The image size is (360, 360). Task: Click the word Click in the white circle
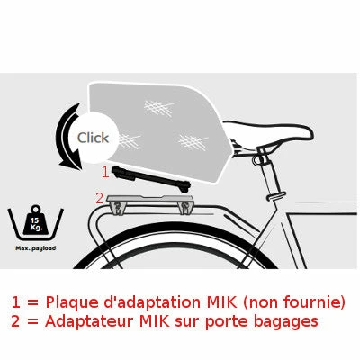click(x=93, y=138)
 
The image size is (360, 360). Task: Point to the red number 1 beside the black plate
click(x=104, y=170)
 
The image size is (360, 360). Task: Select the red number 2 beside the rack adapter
click(x=100, y=196)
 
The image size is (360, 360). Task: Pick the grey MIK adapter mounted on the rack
click(x=149, y=203)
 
